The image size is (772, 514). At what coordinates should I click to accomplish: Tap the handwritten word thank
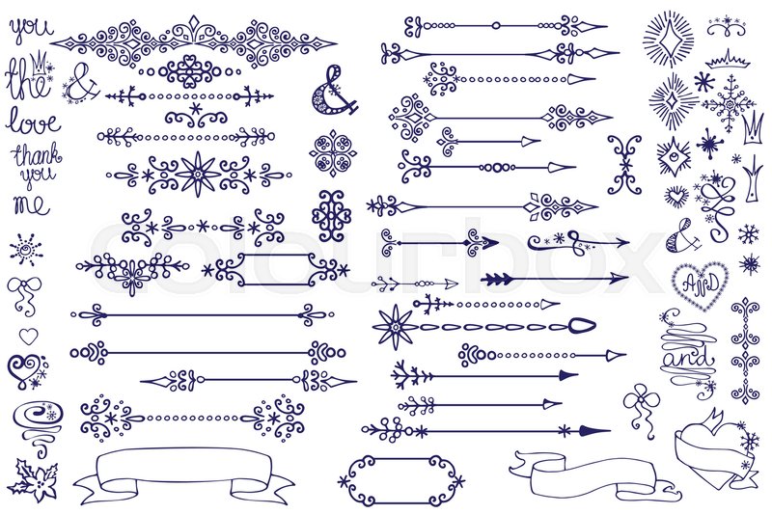pyautogui.click(x=35, y=155)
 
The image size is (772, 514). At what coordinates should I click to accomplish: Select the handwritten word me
pyautogui.click(x=32, y=203)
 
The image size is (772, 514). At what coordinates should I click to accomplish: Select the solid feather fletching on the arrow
pyautogui.click(x=497, y=280)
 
